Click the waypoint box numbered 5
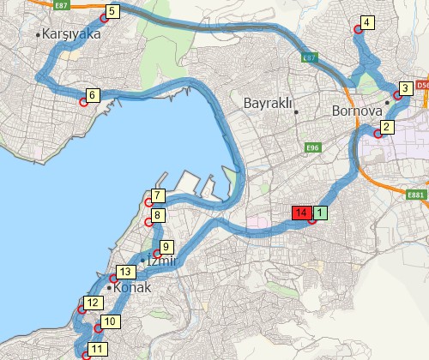point(113,12)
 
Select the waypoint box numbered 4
point(367,23)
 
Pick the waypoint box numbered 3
point(404,88)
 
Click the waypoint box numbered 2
point(386,128)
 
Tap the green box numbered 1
point(319,212)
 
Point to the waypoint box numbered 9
point(166,246)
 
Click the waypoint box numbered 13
point(125,273)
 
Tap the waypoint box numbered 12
point(93,302)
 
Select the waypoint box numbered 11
point(97,349)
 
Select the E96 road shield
point(312,148)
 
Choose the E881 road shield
point(418,195)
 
